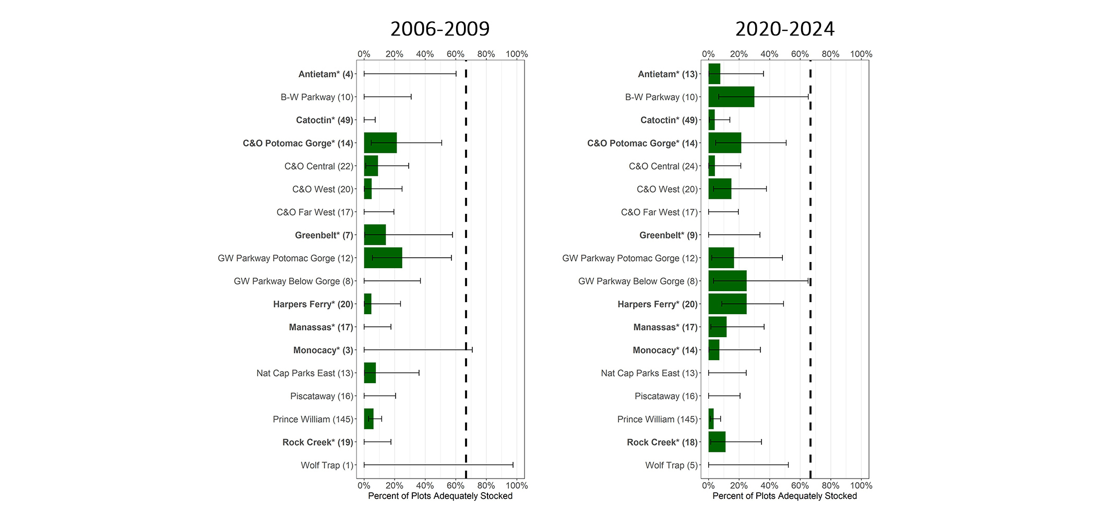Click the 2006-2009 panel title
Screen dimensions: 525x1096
pyautogui.click(x=439, y=29)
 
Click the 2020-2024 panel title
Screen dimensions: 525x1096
pyautogui.click(x=784, y=29)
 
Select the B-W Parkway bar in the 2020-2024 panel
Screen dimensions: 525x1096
pyautogui.click(x=731, y=97)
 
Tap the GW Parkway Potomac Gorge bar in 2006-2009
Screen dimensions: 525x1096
pyautogui.click(x=383, y=258)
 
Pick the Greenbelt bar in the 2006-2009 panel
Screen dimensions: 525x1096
pyautogui.click(x=375, y=235)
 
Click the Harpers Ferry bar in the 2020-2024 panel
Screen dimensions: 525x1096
pyautogui.click(x=727, y=304)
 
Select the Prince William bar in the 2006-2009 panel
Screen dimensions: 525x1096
pyautogui.click(x=368, y=419)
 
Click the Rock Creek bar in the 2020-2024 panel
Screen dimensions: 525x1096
pyautogui.click(x=717, y=442)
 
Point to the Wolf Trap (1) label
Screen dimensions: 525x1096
pyautogui.click(x=327, y=465)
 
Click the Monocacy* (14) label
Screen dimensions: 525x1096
pyautogui.click(x=665, y=350)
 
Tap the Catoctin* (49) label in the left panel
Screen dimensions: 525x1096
pyautogui.click(x=324, y=120)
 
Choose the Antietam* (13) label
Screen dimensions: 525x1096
pyautogui.click(x=668, y=74)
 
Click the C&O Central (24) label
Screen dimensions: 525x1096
pyautogui.click(x=663, y=166)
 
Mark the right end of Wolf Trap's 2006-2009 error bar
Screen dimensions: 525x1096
pyautogui.click(x=513, y=465)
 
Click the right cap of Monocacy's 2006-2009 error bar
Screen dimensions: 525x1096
pyautogui.click(x=472, y=350)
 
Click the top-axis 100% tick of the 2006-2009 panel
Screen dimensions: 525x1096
pyautogui.click(x=517, y=54)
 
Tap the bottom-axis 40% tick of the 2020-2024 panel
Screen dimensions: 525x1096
pyautogui.click(x=769, y=485)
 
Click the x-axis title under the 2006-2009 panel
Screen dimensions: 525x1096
pyautogui.click(x=440, y=496)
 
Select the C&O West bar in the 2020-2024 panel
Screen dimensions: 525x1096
pyautogui.click(x=720, y=189)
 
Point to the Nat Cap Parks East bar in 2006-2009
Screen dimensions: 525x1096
pyautogui.click(x=370, y=373)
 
